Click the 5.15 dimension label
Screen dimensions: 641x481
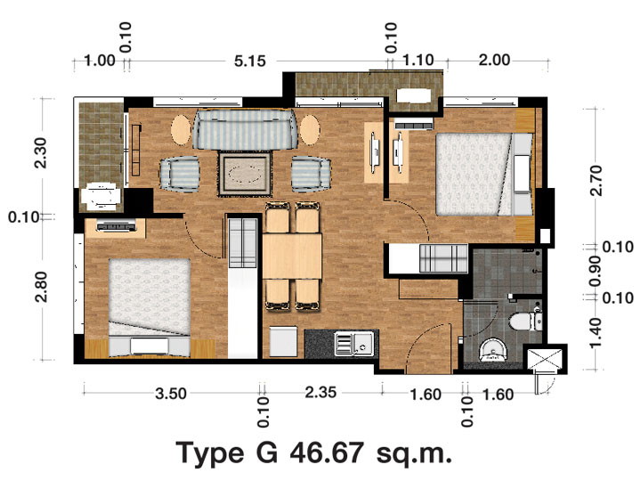[x=250, y=61]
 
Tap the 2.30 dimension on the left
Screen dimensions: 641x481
[x=41, y=153]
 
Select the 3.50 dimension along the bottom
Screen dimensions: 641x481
[x=171, y=394]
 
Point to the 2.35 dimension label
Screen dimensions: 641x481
[x=320, y=393]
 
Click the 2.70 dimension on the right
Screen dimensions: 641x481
[x=596, y=181]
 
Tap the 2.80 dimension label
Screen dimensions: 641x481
[x=41, y=287]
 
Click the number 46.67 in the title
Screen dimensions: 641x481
[x=327, y=453]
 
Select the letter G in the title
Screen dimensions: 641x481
[x=266, y=453]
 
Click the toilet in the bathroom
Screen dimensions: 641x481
[x=526, y=321]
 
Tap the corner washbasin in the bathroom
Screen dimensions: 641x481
[x=493, y=350]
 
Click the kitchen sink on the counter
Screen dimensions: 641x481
[x=353, y=344]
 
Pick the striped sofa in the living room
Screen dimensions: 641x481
[x=246, y=129]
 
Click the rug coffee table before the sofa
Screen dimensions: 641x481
[x=245, y=174]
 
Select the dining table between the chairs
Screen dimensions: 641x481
[x=292, y=256]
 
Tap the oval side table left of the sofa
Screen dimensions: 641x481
[x=181, y=129]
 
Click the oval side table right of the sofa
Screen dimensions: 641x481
[x=310, y=129]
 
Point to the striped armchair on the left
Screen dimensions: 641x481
[x=180, y=175]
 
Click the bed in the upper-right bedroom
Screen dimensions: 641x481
[x=485, y=175]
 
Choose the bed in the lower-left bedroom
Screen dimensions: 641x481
[x=150, y=307]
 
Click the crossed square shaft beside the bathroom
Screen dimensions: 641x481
[x=545, y=360]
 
